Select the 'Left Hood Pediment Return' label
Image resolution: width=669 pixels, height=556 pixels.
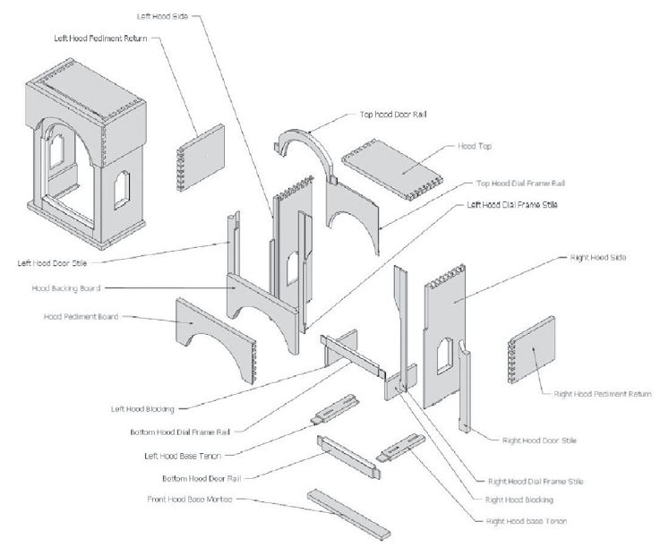pyautogui.click(x=99, y=40)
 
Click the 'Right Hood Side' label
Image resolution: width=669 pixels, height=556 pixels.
pyautogui.click(x=597, y=257)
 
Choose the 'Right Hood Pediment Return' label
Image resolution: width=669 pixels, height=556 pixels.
pyautogui.click(x=602, y=393)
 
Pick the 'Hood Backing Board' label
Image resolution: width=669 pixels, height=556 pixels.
pyautogui.click(x=66, y=288)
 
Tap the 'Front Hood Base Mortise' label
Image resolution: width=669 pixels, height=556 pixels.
pyautogui.click(x=190, y=499)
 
